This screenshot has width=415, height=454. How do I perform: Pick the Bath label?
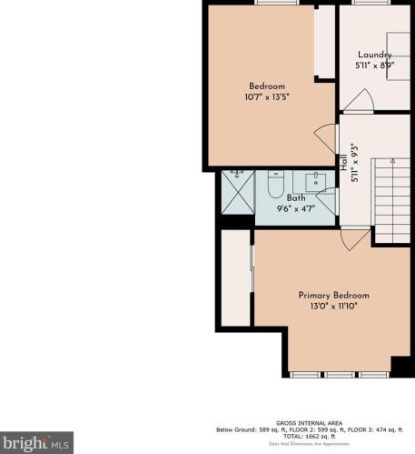296,197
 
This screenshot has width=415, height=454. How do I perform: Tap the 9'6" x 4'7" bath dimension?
296,208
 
